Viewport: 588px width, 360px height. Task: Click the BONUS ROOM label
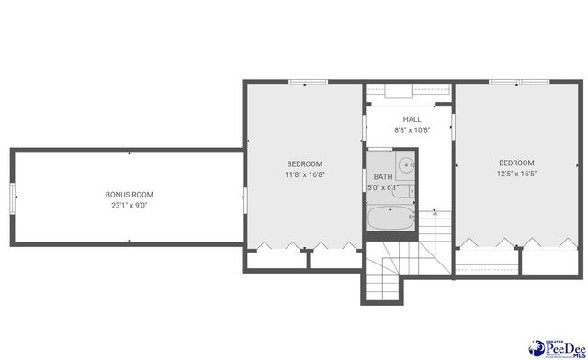pyautogui.click(x=129, y=195)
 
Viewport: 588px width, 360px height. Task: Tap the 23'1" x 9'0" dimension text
pyautogui.click(x=129, y=206)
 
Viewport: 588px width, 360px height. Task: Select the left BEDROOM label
pyautogui.click(x=303, y=163)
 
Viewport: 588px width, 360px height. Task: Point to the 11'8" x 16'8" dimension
pyautogui.click(x=303, y=174)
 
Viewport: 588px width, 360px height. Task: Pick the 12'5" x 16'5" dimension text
pyautogui.click(x=516, y=173)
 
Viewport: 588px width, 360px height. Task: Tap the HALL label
pyautogui.click(x=412, y=119)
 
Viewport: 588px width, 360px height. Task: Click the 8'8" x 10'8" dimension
pyautogui.click(x=412, y=130)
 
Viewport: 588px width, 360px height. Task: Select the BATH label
pyautogui.click(x=381, y=176)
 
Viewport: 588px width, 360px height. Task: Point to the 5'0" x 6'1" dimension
pyautogui.click(x=382, y=187)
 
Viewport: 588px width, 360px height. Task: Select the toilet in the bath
pyautogui.click(x=411, y=191)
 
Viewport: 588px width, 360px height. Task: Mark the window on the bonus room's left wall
pyautogui.click(x=12, y=196)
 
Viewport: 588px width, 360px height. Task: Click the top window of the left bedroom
pyautogui.click(x=302, y=84)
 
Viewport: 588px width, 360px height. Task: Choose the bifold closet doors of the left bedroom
pyautogui.click(x=305, y=245)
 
